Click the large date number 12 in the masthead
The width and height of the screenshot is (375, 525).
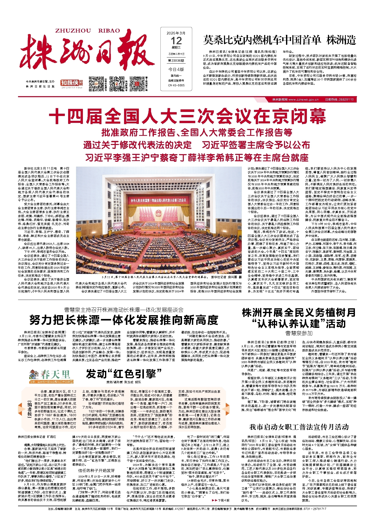coord(176,41)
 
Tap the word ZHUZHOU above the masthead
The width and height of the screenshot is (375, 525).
coord(73,31)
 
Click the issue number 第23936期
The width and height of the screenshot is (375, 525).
coord(176,61)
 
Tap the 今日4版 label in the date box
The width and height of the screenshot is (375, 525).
coord(176,69)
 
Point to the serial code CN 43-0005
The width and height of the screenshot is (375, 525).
coord(176,85)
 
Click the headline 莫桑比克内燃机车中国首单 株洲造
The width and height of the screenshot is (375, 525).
coord(279,40)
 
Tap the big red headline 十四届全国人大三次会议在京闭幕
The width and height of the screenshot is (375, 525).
coord(187,116)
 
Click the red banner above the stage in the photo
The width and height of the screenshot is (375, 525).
coord(158,200)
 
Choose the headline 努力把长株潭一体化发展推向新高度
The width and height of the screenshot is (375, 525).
coord(124,320)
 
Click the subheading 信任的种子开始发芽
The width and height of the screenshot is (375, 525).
coord(96,470)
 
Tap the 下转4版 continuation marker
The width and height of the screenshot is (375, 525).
coord(220,500)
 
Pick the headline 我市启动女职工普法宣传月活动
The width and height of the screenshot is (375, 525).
coord(299,427)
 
